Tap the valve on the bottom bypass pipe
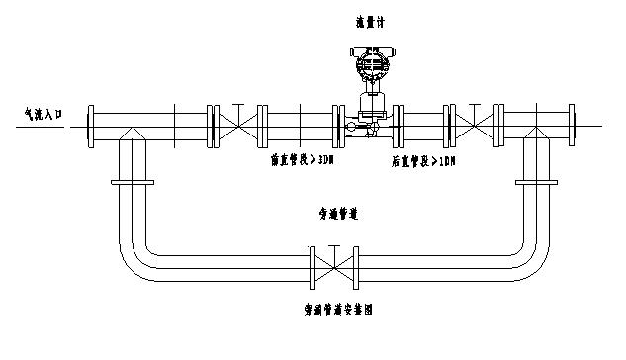coord(335,264)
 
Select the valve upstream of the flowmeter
coord(236,126)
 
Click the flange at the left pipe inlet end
coord(90,126)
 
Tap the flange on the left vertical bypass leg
coord(132,182)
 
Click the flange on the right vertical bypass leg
coord(536,182)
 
